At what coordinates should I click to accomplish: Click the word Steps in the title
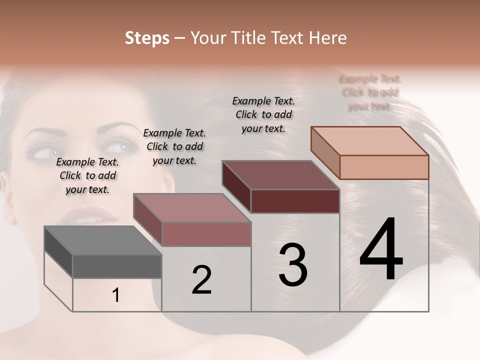click(x=147, y=38)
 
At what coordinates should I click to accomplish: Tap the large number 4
click(x=381, y=250)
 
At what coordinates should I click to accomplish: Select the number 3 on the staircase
click(x=293, y=264)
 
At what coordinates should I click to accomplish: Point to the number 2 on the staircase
click(x=201, y=280)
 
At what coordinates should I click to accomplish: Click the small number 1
click(x=116, y=295)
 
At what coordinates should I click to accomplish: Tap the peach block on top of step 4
click(x=370, y=152)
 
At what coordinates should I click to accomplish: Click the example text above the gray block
click(x=87, y=175)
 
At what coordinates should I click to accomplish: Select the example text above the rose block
click(x=174, y=146)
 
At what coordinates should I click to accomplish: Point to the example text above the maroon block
click(x=263, y=114)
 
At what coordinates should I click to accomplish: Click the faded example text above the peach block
click(x=370, y=92)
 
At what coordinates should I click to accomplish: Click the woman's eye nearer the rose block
click(x=120, y=147)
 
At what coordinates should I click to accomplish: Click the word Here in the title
click(x=328, y=38)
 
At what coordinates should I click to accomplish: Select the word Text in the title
click(x=290, y=38)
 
